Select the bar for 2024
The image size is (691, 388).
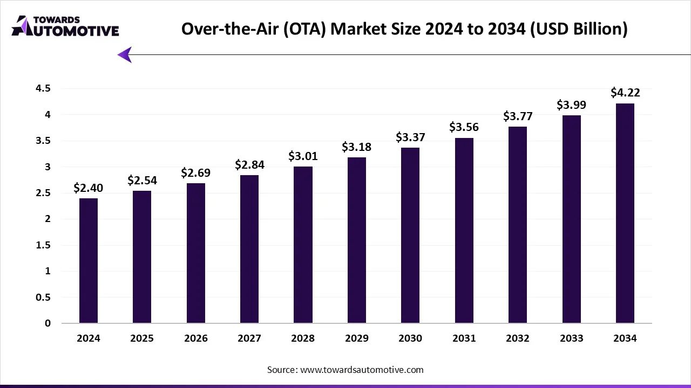pyautogui.click(x=89, y=261)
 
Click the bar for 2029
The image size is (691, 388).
pyautogui.click(x=357, y=240)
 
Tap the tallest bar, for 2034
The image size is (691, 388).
pyautogui.click(x=625, y=213)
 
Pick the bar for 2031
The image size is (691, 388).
pyautogui.click(x=464, y=231)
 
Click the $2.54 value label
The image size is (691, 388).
pyautogui.click(x=142, y=181)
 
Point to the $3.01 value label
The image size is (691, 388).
pyautogui.click(x=303, y=156)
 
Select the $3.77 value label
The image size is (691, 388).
pyautogui.click(x=518, y=116)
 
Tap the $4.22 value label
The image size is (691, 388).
pyautogui.click(x=625, y=93)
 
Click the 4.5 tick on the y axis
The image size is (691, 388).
pyautogui.click(x=43, y=88)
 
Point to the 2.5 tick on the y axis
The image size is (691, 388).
pyautogui.click(x=43, y=193)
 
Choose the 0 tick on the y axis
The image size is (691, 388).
pyautogui.click(x=48, y=323)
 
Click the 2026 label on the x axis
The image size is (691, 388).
pyautogui.click(x=195, y=338)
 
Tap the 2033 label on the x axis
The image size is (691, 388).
pyautogui.click(x=571, y=338)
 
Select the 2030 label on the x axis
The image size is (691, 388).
pyautogui.click(x=410, y=338)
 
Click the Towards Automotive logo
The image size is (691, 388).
pyautogui.click(x=65, y=26)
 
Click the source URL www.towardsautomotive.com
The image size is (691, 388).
pyautogui.click(x=361, y=370)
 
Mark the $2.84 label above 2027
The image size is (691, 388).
pyautogui.click(x=249, y=165)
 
